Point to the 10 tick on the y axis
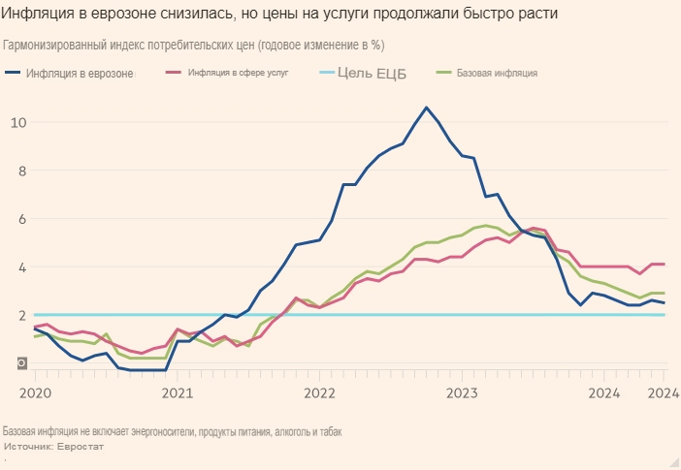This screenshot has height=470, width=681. pyautogui.click(x=18, y=122)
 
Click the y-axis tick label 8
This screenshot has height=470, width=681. pyautogui.click(x=18, y=171)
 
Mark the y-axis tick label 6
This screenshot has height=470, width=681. pyautogui.click(x=18, y=219)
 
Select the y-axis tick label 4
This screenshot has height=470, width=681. pyautogui.click(x=18, y=267)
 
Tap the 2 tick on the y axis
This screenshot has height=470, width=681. pyautogui.click(x=18, y=316)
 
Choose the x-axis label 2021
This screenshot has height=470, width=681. pyautogui.click(x=177, y=392)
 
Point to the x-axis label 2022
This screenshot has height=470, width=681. pyautogui.click(x=319, y=392)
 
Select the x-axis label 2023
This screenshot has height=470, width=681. pyautogui.click(x=462, y=392)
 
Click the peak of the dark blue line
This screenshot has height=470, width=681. pyautogui.click(x=426, y=107)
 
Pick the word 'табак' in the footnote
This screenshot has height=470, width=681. pyautogui.click(x=327, y=431)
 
